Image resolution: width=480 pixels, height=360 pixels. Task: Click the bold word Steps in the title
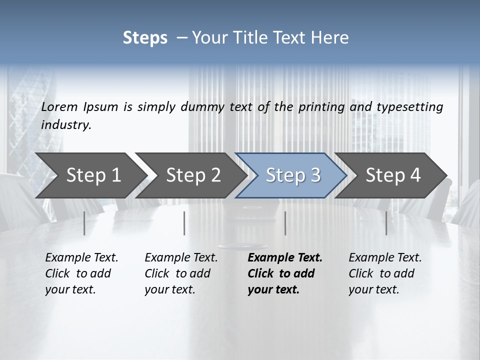145,38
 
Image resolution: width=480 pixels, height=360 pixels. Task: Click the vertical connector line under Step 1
84,223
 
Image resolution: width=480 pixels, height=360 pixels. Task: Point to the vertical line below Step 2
184,223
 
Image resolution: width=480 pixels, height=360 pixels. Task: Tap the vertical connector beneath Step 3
285,223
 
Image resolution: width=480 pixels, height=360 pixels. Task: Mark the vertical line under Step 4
386,223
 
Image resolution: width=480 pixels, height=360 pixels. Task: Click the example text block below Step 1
81,273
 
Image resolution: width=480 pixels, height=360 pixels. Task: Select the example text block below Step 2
181,273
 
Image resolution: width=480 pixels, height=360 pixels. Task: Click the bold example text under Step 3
285,273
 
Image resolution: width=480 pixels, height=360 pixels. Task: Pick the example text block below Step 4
385,273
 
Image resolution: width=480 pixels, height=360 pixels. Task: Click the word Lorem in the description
59,106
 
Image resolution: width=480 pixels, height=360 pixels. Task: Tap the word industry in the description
66,125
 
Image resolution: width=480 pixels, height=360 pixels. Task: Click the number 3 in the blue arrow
314,175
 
